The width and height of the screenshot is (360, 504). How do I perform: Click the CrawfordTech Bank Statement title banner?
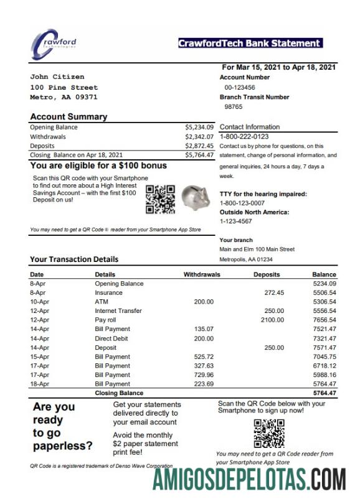click(x=250, y=43)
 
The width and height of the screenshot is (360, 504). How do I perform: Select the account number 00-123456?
click(x=240, y=88)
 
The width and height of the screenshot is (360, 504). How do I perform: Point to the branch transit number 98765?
click(x=234, y=106)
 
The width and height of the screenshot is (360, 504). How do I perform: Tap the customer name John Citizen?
click(x=57, y=77)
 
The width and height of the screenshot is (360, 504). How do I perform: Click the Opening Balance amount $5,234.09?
click(x=199, y=127)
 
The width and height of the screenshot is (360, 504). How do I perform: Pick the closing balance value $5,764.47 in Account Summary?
click(x=199, y=155)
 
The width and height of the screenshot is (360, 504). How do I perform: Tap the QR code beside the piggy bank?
click(x=159, y=199)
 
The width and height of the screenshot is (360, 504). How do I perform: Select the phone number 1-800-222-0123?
click(x=244, y=136)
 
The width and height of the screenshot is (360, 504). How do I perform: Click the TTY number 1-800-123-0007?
click(x=242, y=203)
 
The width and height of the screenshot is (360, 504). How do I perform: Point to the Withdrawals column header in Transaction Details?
click(x=202, y=274)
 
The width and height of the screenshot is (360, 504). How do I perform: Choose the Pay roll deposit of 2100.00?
click(x=272, y=320)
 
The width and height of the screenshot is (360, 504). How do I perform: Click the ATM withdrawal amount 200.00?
click(x=204, y=302)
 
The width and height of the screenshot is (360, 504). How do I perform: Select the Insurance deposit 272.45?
click(x=274, y=292)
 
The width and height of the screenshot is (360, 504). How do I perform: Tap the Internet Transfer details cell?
click(x=118, y=310)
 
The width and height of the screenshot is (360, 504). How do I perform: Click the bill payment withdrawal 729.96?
click(x=204, y=375)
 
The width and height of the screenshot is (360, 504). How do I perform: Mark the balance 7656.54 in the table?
click(x=324, y=320)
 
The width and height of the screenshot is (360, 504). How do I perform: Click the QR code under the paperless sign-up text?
click(x=269, y=433)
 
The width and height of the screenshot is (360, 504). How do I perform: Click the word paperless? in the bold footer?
click(x=63, y=446)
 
